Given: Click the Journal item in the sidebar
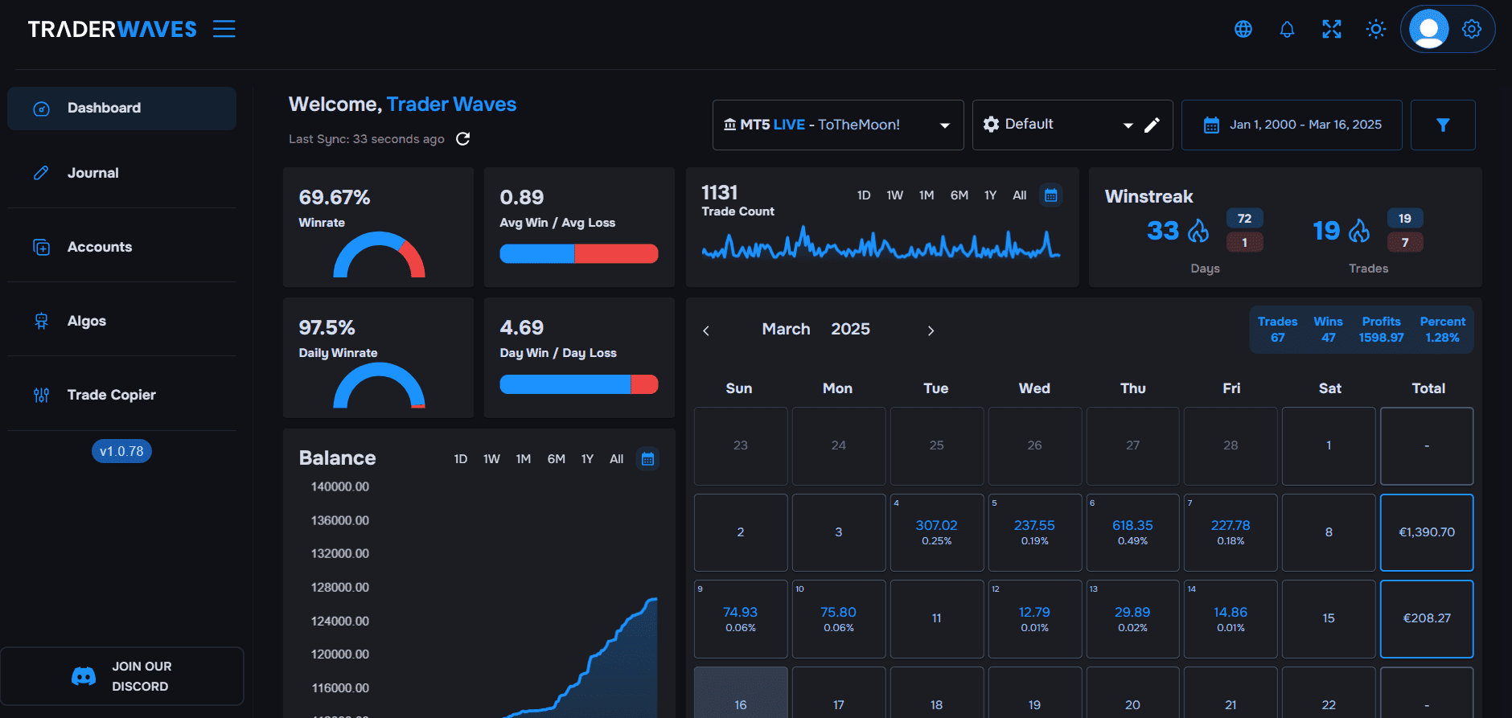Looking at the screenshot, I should point(92,173).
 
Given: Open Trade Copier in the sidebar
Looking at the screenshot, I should point(111,395).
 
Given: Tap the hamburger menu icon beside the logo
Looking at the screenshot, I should point(224,30).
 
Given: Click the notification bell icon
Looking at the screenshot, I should point(1287,30).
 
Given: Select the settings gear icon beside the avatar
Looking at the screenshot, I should point(1471,30).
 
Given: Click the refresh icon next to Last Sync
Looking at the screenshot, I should point(462,139).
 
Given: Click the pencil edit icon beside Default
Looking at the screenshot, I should point(1152,125).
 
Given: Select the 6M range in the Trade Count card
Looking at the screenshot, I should point(959,195).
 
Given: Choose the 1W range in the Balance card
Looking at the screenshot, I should point(491,459).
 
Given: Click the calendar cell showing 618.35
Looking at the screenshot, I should point(1132,531).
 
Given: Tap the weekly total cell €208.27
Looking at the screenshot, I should point(1427,618).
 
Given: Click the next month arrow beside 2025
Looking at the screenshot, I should point(931,330).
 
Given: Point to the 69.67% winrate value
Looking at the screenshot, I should point(335,198).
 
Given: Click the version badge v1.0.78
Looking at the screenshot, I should point(121,451).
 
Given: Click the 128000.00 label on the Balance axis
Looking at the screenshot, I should point(340,588).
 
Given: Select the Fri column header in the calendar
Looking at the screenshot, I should point(1231,388).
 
